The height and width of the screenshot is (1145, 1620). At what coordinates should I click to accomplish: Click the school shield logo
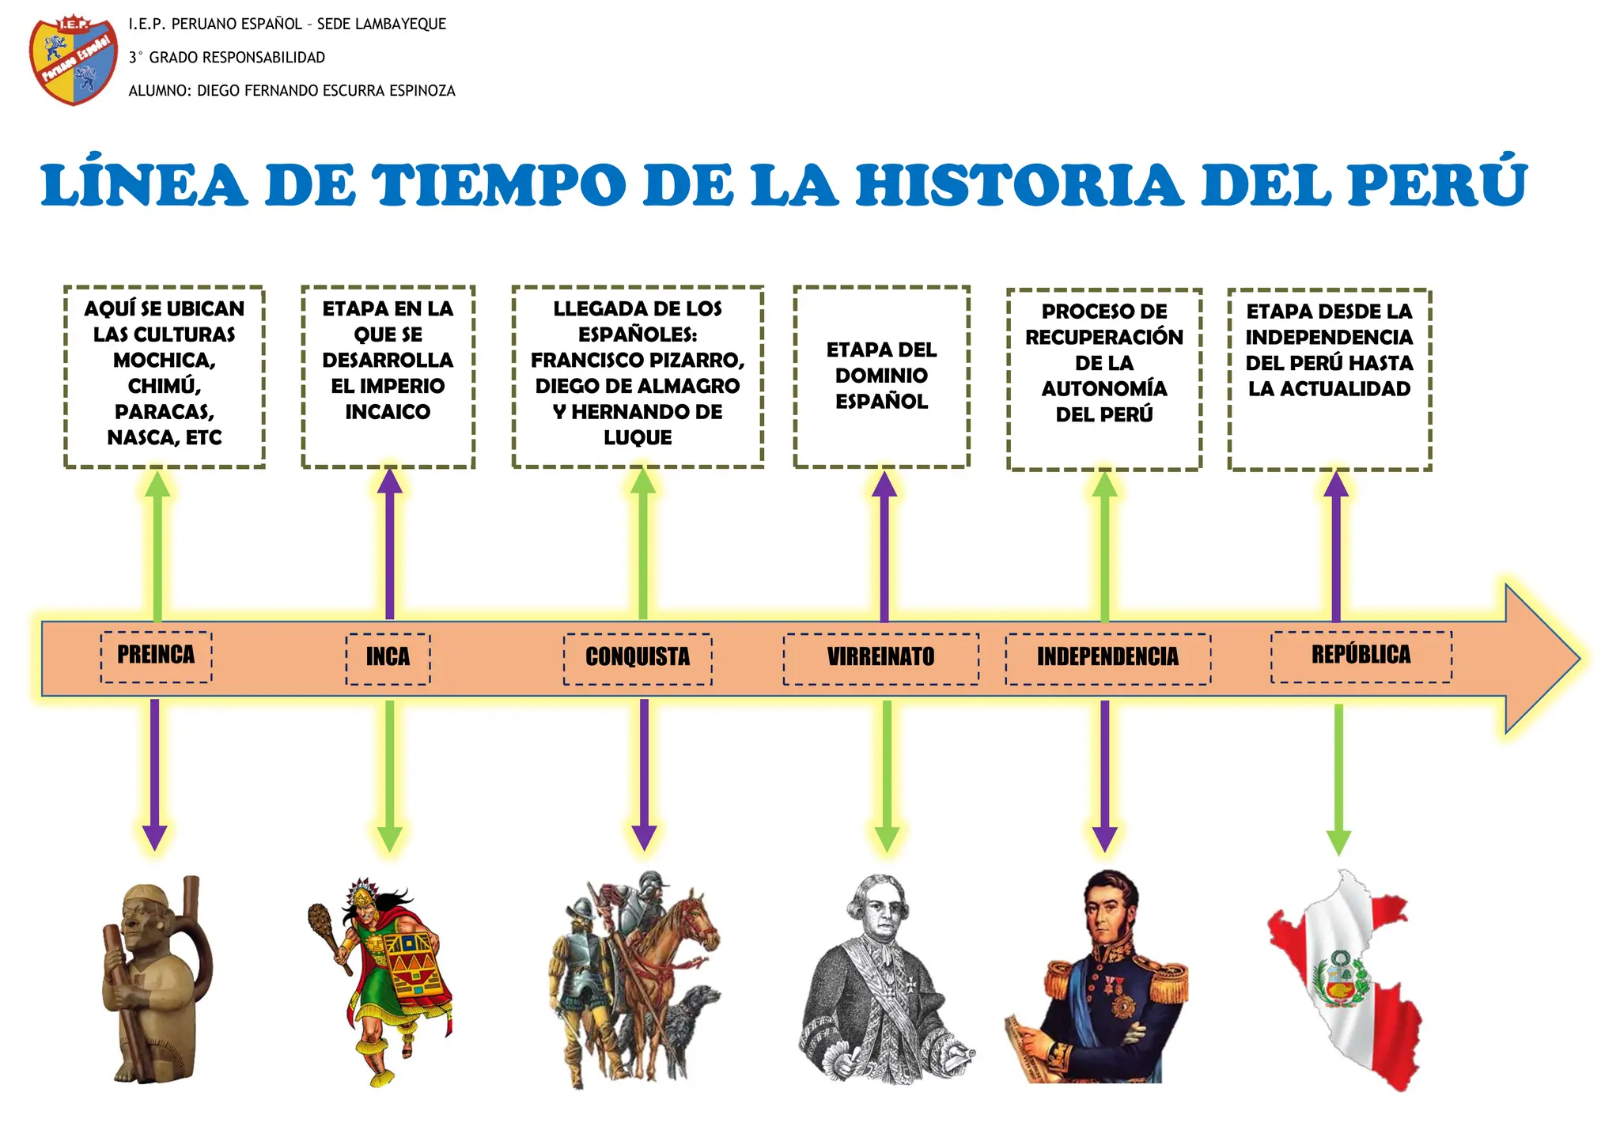coord(73,61)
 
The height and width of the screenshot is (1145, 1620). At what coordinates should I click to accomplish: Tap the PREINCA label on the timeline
coord(156,656)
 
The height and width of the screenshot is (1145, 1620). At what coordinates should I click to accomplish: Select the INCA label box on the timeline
coord(388,657)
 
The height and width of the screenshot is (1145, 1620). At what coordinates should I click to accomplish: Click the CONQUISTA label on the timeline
coord(638,657)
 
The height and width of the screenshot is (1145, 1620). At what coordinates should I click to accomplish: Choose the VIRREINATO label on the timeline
coord(880,657)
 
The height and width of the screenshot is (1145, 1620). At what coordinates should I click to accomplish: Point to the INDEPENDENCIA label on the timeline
coord(1107,657)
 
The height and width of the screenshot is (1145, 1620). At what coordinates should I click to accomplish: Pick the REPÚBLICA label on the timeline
coord(1361,656)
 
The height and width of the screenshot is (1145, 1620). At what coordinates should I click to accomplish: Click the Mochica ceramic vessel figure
coord(154,981)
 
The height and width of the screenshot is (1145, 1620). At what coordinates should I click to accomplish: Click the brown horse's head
coord(700,917)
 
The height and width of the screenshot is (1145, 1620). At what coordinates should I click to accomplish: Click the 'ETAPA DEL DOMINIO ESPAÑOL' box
coord(881,376)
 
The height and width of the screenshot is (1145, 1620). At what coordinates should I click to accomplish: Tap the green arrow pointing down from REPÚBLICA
coord(1338,779)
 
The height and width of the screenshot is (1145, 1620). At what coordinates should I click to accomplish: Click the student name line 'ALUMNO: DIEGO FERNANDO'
coord(292,91)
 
